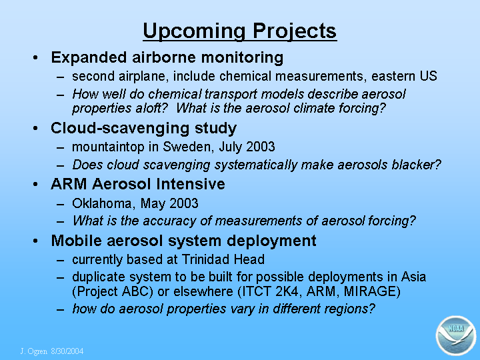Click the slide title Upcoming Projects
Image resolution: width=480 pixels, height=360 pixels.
tap(240, 31)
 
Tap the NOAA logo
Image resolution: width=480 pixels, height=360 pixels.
tap(456, 336)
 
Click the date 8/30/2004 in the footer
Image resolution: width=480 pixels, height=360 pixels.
tap(67, 351)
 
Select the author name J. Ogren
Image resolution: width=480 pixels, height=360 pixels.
tap(34, 351)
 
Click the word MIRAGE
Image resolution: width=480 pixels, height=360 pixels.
tap(372, 291)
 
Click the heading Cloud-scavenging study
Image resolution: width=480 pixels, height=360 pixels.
tap(143, 128)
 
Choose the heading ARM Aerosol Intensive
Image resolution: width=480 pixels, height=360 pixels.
tap(138, 184)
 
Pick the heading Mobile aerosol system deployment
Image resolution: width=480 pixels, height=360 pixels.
tap(183, 241)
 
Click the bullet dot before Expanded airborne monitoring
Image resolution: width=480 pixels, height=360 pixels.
tap(35, 57)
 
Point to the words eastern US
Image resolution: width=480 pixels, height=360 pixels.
tap(404, 76)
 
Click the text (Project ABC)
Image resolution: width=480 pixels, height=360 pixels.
tap(113, 291)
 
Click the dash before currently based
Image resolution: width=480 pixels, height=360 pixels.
tap(60, 261)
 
